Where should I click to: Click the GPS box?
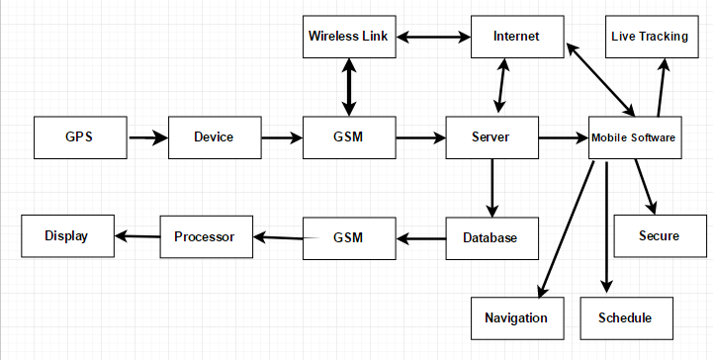tap(80, 137)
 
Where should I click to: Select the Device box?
tap(214, 137)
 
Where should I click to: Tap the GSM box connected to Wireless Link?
tap(348, 137)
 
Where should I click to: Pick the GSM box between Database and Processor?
tap(348, 238)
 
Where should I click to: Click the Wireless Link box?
tap(348, 38)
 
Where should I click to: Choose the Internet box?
tap(517, 38)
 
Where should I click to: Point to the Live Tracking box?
tap(650, 38)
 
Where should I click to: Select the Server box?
tap(491, 137)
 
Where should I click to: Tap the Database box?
tap(491, 238)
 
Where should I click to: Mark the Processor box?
tap(205, 237)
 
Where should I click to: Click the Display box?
tap(66, 236)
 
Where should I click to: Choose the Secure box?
tap(659, 236)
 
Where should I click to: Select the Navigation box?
tap(516, 318)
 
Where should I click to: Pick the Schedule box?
tap(625, 318)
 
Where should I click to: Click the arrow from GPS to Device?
tap(148, 138)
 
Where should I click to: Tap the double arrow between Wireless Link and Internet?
tap(433, 38)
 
